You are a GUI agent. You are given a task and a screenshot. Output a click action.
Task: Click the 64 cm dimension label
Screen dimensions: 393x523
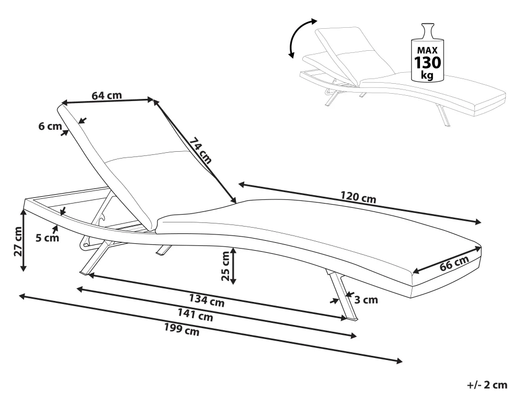(107, 95)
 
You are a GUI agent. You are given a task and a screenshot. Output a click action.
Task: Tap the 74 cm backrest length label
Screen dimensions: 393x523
(200, 150)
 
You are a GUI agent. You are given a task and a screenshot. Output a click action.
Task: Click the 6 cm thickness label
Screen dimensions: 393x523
(49, 126)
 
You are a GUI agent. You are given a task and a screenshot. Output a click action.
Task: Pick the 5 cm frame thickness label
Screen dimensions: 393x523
(47, 238)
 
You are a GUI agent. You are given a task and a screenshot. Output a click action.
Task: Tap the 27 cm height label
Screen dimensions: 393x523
(18, 242)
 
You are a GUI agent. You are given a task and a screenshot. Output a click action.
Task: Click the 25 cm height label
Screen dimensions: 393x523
(226, 266)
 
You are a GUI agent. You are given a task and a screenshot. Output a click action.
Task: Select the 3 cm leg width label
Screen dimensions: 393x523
(366, 300)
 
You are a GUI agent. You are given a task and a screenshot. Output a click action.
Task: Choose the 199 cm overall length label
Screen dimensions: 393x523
(182, 330)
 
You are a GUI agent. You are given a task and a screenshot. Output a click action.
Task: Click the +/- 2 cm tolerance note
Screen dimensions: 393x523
(486, 385)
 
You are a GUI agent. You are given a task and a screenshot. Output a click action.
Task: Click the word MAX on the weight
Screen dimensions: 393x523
(427, 50)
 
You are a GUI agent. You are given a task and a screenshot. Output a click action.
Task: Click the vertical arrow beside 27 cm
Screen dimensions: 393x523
(24, 240)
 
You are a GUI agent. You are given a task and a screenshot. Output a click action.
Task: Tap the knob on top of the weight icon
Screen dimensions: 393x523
(428, 29)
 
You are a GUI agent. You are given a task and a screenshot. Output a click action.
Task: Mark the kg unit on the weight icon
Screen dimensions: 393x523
(427, 75)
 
